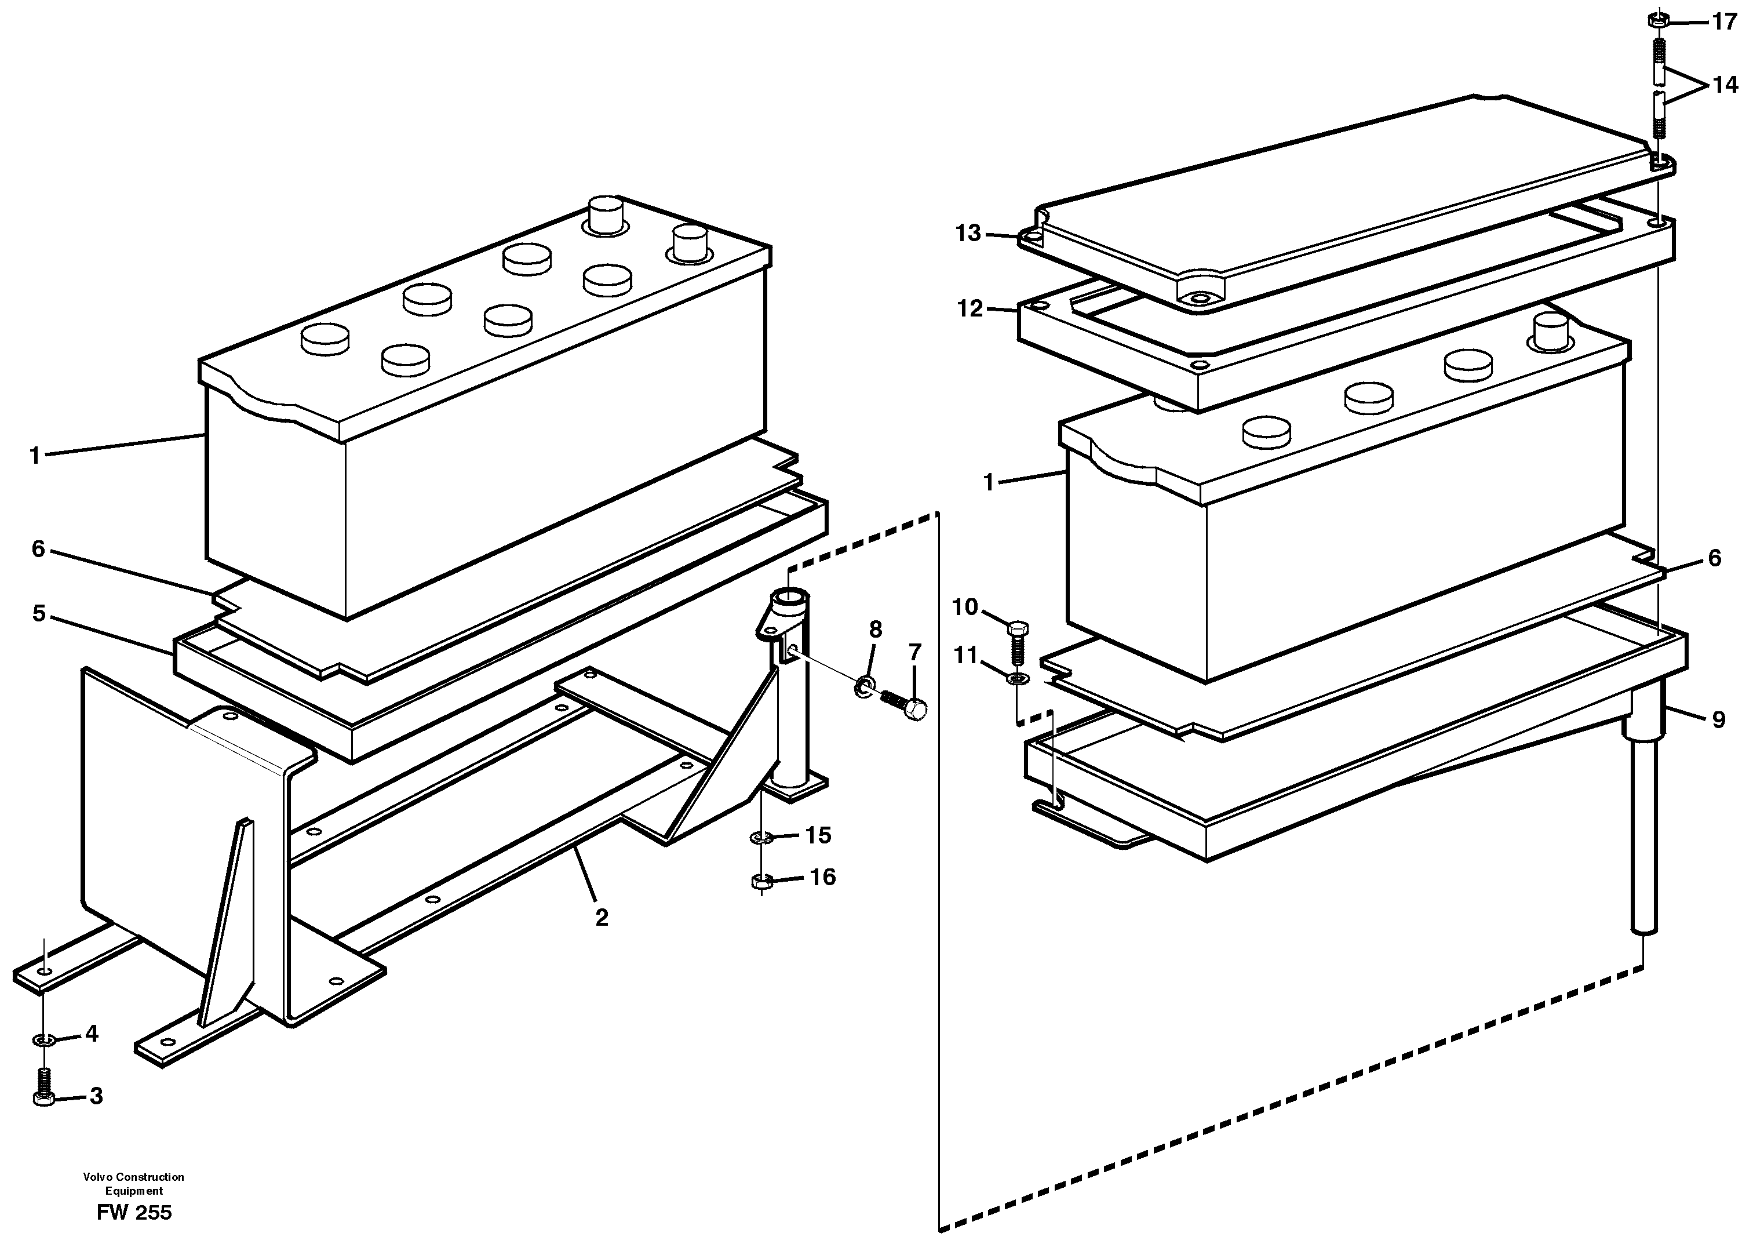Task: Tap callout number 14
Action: pyautogui.click(x=1725, y=85)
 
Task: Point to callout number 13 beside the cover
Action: pyautogui.click(x=968, y=233)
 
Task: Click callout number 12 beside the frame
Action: pyautogui.click(x=970, y=309)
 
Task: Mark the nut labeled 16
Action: pyautogui.click(x=760, y=882)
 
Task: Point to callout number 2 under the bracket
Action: pyautogui.click(x=601, y=917)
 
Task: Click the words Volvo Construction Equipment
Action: pyautogui.click(x=134, y=1184)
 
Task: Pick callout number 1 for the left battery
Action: pyautogui.click(x=34, y=456)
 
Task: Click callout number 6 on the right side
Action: pyautogui.click(x=1714, y=558)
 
